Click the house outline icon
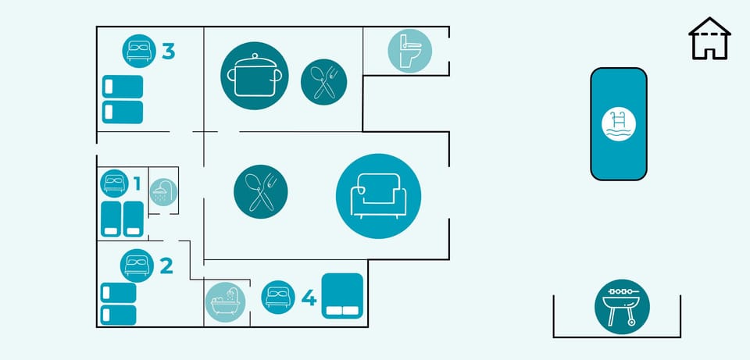click(709, 39)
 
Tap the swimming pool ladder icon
click(619, 124)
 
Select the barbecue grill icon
click(622, 306)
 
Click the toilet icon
click(410, 51)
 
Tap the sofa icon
click(378, 196)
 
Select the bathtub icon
click(225, 302)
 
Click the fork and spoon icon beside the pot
click(323, 80)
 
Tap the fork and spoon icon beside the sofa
click(261, 191)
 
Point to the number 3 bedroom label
click(168, 52)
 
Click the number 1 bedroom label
click(137, 184)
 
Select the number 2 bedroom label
click(166, 266)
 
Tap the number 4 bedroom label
click(309, 298)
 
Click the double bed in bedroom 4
click(342, 296)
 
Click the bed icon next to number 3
click(139, 51)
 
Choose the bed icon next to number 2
click(137, 265)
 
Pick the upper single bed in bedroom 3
click(123, 86)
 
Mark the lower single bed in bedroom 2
click(119, 315)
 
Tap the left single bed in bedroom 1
click(110, 219)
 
